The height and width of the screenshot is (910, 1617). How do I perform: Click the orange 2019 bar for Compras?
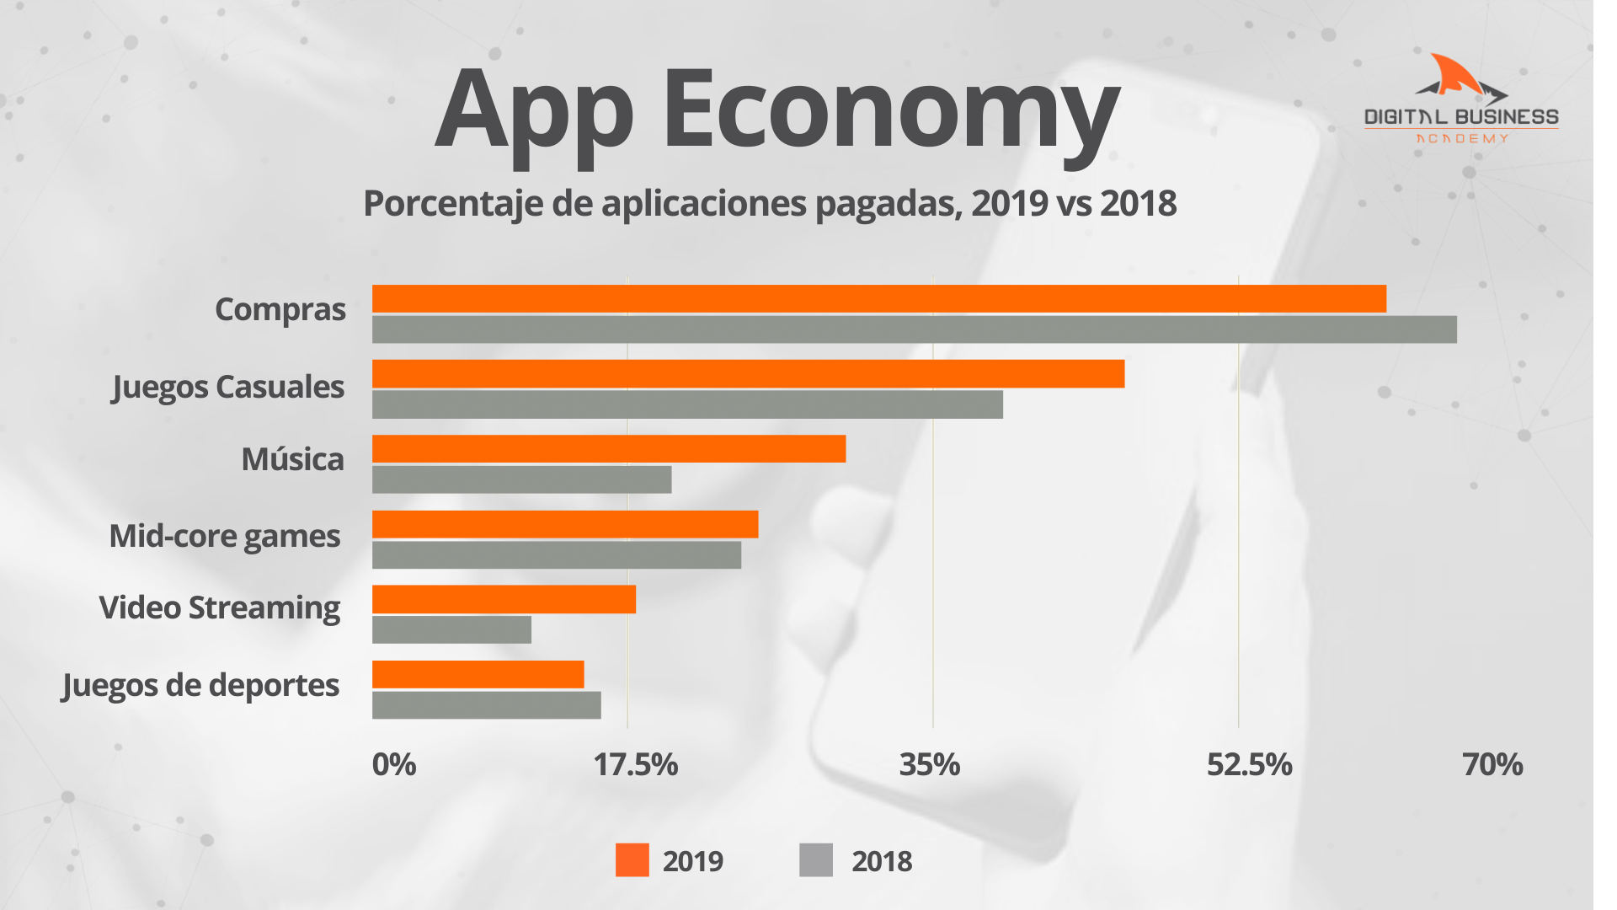(x=878, y=299)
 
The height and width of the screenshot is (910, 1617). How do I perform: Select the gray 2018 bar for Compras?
(x=914, y=329)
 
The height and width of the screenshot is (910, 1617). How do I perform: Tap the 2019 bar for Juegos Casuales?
(x=748, y=374)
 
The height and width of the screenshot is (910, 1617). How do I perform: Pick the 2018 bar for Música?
(x=521, y=479)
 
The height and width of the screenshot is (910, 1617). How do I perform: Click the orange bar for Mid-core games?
(x=565, y=524)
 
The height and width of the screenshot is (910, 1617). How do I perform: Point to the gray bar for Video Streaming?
(x=451, y=629)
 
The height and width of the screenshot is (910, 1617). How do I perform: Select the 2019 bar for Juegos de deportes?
(x=478, y=674)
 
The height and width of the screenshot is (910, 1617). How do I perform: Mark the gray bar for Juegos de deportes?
(x=486, y=705)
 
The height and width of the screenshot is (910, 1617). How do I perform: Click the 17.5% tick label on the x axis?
(x=635, y=765)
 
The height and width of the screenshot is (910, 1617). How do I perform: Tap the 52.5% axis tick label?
(x=1249, y=765)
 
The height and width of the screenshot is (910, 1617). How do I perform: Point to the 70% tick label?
(x=1492, y=765)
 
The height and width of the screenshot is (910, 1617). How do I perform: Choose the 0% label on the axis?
(x=394, y=765)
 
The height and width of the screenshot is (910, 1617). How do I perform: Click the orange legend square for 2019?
(x=632, y=860)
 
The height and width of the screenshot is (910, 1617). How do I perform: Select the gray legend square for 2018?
(x=815, y=860)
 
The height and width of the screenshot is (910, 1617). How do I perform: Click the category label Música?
(x=292, y=460)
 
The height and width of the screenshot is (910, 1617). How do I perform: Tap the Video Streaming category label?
(x=220, y=608)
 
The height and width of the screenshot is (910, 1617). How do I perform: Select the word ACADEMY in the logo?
(x=1462, y=139)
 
